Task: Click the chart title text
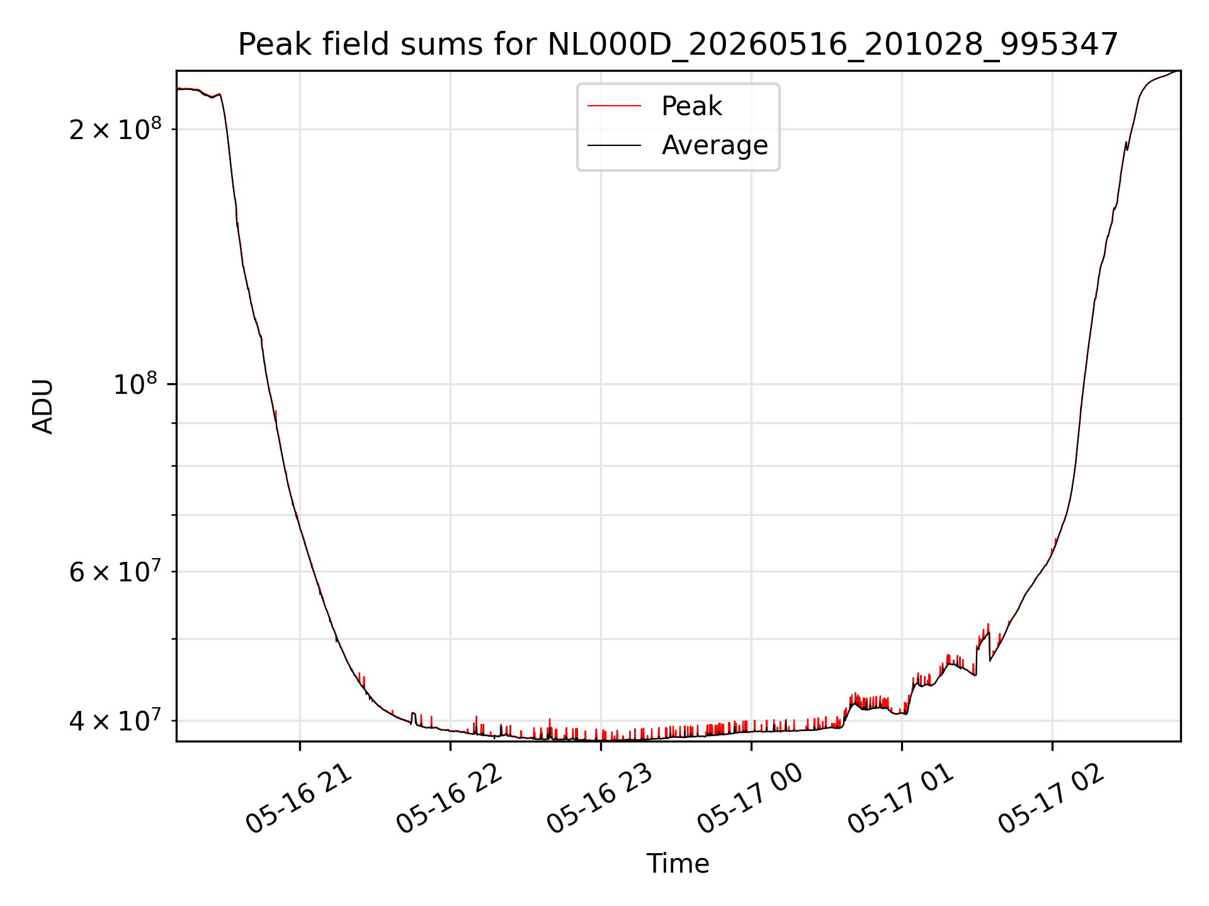678,45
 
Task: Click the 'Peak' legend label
691,106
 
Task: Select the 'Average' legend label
715,145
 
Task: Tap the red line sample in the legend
615,106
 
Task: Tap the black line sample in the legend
615,145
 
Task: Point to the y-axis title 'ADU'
43,406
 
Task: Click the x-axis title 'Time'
678,864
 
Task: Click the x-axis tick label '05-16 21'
299,798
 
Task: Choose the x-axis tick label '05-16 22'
450,798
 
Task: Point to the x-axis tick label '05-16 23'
600,798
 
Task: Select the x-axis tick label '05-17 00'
751,798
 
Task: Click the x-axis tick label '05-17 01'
901,798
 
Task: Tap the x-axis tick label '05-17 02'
1052,798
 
